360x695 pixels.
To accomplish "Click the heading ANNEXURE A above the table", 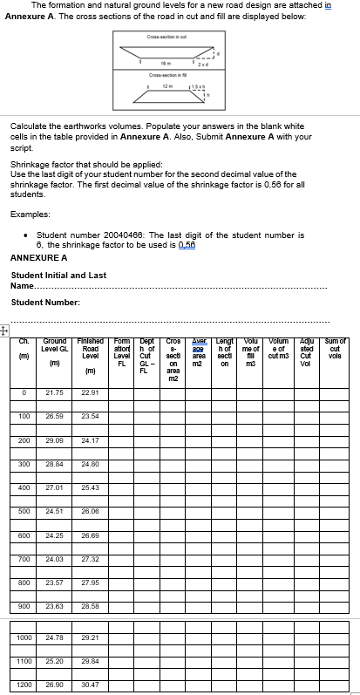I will [x=38, y=257].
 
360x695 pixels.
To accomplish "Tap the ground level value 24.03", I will [x=54, y=557].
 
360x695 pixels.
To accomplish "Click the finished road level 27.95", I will [x=89, y=582].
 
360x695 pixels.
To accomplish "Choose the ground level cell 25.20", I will [x=54, y=661].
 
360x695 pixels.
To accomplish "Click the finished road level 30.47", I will [x=89, y=685].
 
